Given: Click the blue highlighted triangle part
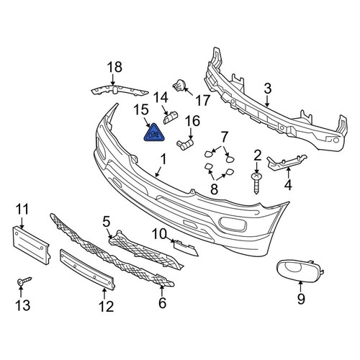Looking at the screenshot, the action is pyautogui.click(x=153, y=134).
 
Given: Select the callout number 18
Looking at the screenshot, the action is pyautogui.click(x=114, y=67).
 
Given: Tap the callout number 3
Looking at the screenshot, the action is pyautogui.click(x=267, y=89).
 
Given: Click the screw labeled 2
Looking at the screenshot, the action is pyautogui.click(x=256, y=183).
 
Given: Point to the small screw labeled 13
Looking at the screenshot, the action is pyautogui.click(x=24, y=281).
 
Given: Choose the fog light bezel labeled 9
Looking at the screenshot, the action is pyautogui.click(x=300, y=271).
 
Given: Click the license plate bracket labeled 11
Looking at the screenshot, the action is pyautogui.click(x=31, y=246).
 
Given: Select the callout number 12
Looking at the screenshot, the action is pyautogui.click(x=106, y=307).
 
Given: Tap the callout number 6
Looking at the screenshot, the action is pyautogui.click(x=163, y=303).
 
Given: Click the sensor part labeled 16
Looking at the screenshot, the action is pyautogui.click(x=185, y=144).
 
